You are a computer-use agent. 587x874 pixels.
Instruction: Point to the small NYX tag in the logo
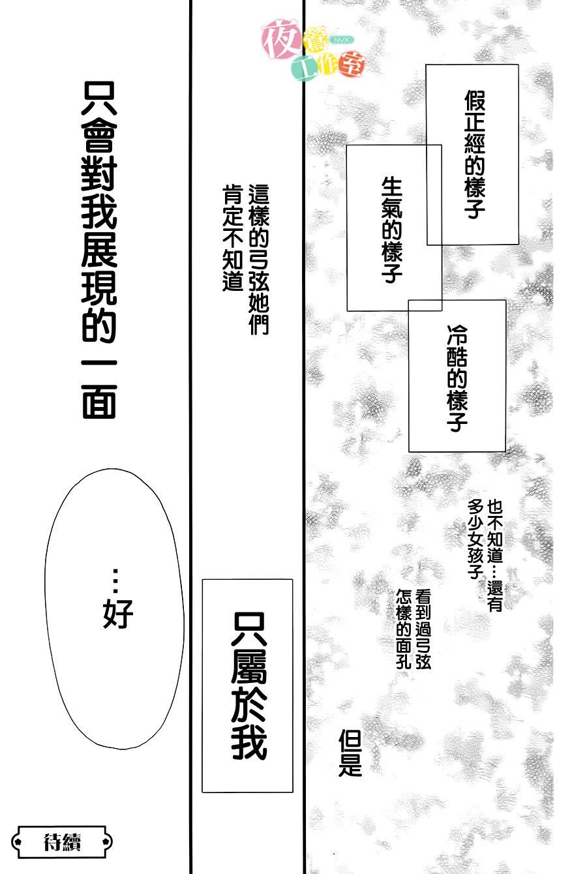342,40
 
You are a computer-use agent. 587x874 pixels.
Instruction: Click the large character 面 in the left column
99,402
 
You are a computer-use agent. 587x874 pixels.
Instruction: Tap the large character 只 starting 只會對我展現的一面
99,98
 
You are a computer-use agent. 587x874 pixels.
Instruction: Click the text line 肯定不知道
233,239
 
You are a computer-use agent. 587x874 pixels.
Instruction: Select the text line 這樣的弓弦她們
259,260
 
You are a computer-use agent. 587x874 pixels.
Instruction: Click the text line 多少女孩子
475,539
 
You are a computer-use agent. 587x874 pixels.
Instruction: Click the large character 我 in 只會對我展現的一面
99,212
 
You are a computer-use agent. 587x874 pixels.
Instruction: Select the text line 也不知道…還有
494,556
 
